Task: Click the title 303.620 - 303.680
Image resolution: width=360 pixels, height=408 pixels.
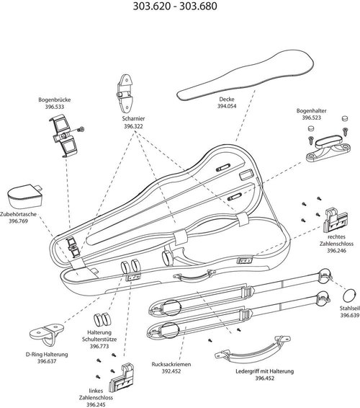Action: click(179, 9)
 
